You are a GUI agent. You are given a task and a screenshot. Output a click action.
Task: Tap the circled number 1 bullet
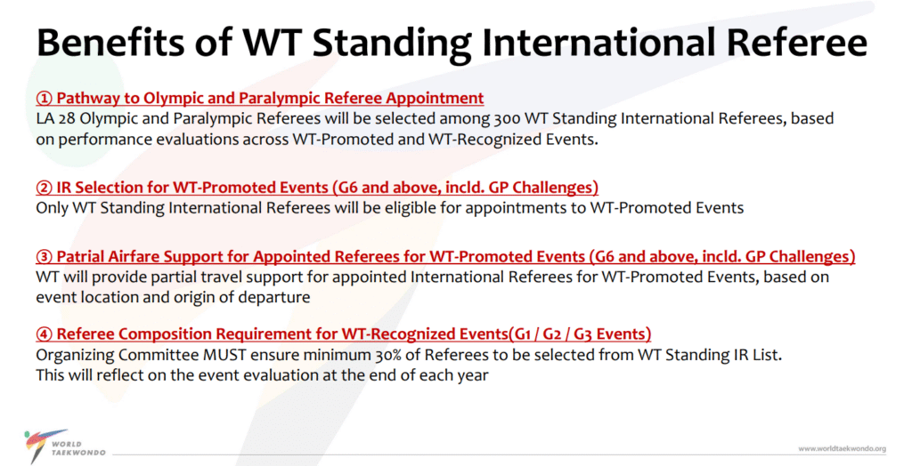(x=45, y=98)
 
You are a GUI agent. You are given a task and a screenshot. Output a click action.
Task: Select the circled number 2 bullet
(x=45, y=188)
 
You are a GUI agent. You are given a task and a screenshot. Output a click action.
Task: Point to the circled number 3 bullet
(x=45, y=257)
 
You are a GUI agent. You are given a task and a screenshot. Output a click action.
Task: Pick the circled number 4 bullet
(x=45, y=334)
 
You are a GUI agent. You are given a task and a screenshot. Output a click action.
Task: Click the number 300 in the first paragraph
(x=507, y=118)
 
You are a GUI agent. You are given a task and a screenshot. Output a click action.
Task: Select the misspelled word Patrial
(x=79, y=257)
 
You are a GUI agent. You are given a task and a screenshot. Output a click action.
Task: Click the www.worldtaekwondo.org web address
(x=843, y=448)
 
